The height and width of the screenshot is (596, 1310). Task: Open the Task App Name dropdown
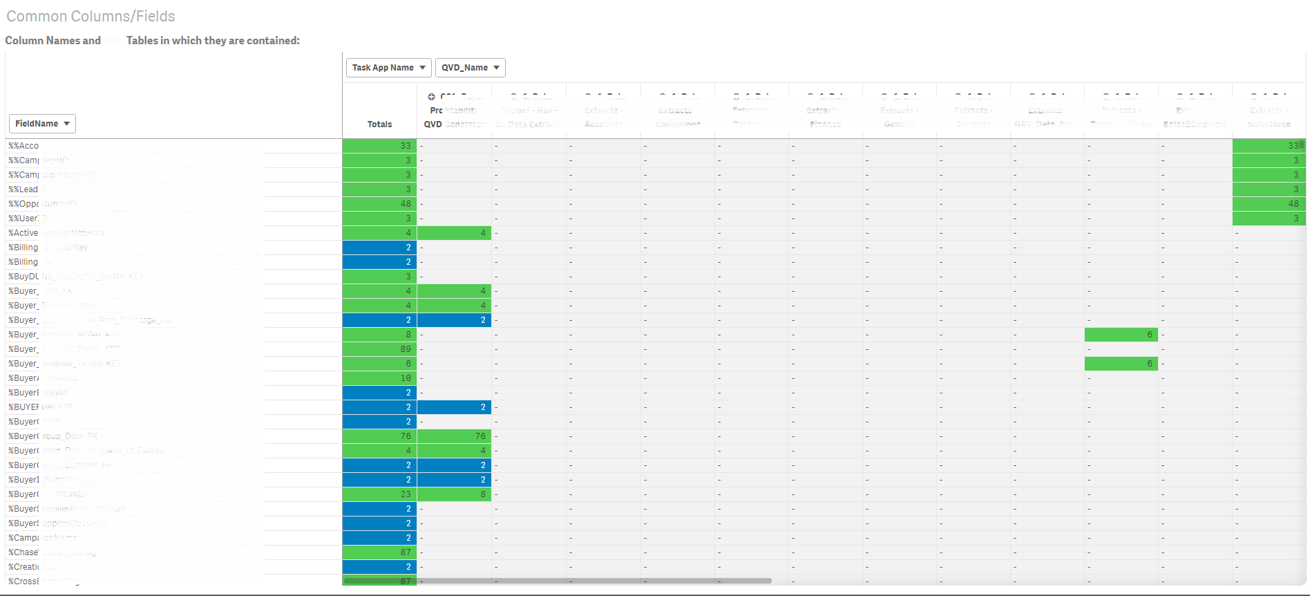point(388,68)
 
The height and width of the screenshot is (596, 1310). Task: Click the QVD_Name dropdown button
point(470,68)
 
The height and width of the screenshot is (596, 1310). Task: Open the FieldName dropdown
point(42,124)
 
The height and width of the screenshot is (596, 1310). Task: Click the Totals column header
point(379,124)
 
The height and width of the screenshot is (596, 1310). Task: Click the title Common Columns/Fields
point(91,16)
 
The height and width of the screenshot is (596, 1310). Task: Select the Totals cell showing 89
point(379,349)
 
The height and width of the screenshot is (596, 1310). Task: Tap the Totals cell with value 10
point(379,378)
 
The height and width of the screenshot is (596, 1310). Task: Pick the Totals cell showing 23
point(379,494)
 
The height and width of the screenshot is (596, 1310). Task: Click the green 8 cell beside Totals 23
point(454,494)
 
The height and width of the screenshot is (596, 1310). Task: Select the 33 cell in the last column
point(1268,146)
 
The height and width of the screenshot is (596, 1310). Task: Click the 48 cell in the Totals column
point(379,204)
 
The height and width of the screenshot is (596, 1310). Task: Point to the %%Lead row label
point(23,189)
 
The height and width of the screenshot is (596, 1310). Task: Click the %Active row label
point(23,233)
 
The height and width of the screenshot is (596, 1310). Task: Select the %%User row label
point(23,218)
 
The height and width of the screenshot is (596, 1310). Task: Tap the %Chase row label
point(23,552)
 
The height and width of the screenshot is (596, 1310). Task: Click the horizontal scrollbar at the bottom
point(594,581)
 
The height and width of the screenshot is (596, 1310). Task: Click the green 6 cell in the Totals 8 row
point(1121,335)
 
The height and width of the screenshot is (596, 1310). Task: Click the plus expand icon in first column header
point(431,97)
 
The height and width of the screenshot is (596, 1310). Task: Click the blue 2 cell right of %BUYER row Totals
point(454,407)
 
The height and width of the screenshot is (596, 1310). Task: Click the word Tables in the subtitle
point(142,41)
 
